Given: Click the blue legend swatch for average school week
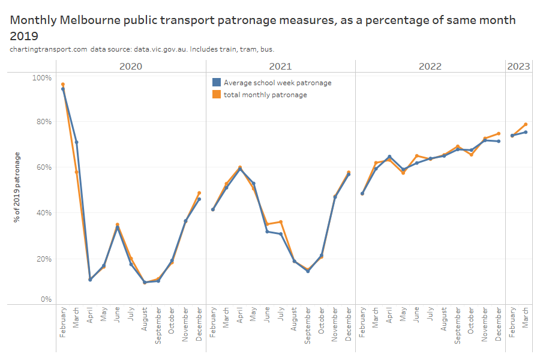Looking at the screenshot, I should tap(217, 83).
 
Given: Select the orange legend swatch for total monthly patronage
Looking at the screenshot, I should tap(217, 94).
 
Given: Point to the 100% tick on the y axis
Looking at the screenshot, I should tap(41, 78).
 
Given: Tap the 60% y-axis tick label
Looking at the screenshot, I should tap(43, 167).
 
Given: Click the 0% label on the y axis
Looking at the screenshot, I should tap(46, 299).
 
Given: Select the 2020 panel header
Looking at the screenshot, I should tap(131, 66).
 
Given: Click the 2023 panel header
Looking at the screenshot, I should tap(519, 66).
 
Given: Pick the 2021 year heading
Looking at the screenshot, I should tap(280, 66).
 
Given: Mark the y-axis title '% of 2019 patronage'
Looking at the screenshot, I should tap(17, 187).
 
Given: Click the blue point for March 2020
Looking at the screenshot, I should tap(76, 142).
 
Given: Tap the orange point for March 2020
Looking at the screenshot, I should tap(76, 172).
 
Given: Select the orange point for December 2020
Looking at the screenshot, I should tap(199, 193).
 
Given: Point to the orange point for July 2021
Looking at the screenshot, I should tap(280, 222).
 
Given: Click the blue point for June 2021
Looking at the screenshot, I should tap(267, 232).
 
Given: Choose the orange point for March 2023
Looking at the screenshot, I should tap(526, 124).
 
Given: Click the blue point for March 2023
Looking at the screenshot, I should tap(526, 133).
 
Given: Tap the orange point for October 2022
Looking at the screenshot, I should tap(471, 155).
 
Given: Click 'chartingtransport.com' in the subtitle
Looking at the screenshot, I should tap(49, 49).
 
